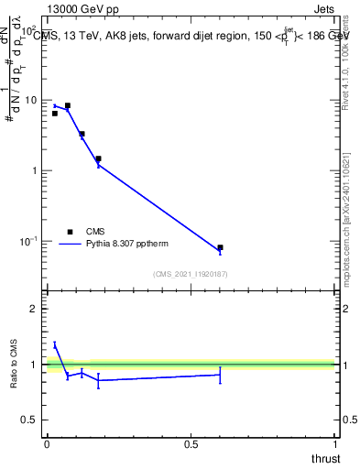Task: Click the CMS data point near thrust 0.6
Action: click(220, 247)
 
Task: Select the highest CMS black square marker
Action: click(67, 105)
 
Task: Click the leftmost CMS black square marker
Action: click(55, 114)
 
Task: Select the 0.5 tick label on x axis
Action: click(191, 444)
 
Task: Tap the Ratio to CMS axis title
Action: click(15, 364)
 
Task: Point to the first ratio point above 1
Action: click(55, 344)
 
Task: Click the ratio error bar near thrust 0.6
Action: click(220, 375)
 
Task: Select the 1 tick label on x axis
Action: click(335, 444)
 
